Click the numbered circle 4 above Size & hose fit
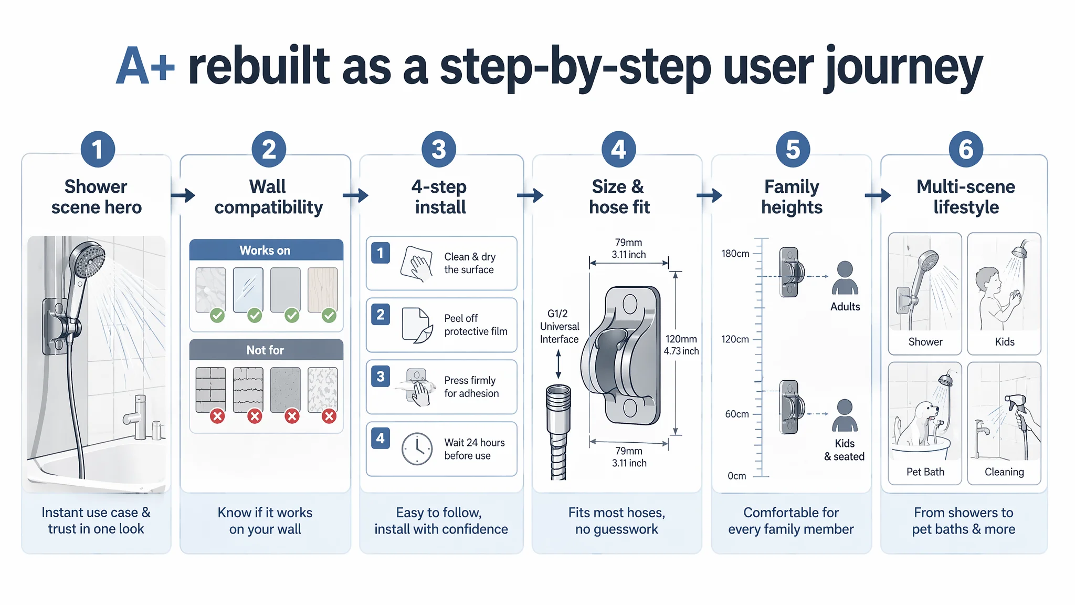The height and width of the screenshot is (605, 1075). [x=619, y=149]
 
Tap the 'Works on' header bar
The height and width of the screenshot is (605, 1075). [x=266, y=250]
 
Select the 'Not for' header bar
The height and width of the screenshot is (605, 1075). [x=266, y=350]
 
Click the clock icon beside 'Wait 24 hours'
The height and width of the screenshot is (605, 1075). [x=417, y=449]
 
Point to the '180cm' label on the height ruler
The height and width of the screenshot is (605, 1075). [x=735, y=254]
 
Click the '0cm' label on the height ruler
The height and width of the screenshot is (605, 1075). [x=737, y=476]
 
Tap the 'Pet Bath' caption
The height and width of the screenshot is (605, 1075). [x=925, y=472]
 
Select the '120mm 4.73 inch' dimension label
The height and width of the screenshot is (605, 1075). [x=681, y=345]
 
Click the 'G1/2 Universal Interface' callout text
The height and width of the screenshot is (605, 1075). [x=560, y=327]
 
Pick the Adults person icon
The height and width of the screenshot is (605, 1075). [x=845, y=278]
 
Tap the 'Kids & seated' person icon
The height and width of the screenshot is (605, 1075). [x=845, y=415]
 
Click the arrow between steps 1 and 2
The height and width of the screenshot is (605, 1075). [x=183, y=196]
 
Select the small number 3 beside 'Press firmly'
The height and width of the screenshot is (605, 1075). [x=381, y=377]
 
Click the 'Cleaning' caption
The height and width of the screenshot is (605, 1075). [x=1004, y=472]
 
